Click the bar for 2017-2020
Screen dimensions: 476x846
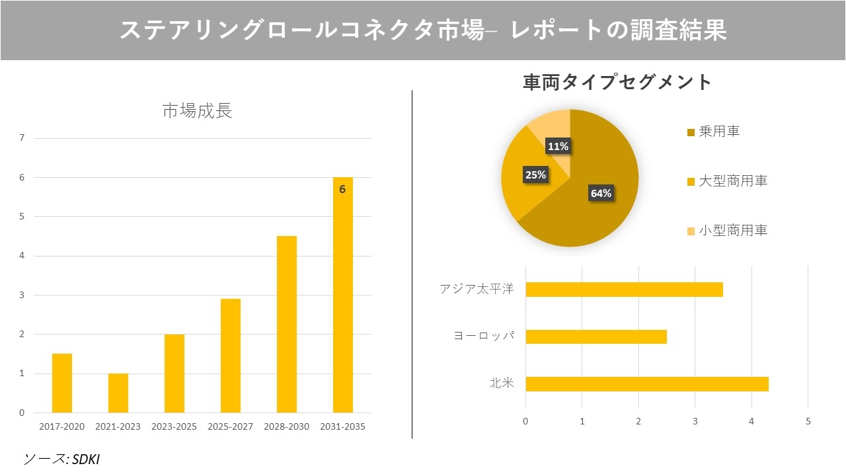(x=62, y=383)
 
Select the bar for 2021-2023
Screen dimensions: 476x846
(x=118, y=393)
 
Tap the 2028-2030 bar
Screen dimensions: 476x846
(x=286, y=324)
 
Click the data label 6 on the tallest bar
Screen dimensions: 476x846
(x=342, y=189)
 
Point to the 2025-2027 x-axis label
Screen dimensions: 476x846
(x=230, y=426)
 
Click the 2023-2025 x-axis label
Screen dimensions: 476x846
(x=174, y=426)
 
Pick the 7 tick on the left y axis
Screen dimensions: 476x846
(x=22, y=138)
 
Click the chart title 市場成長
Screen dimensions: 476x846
(x=197, y=111)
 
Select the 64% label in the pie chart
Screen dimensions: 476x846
(x=601, y=193)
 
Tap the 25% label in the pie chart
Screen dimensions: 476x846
(x=535, y=175)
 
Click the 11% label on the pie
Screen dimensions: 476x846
(x=558, y=146)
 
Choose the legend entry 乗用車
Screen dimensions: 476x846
(x=718, y=132)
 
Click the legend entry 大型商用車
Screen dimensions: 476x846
(x=732, y=181)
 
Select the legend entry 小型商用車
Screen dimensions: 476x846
(x=732, y=231)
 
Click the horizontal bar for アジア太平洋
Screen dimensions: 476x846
(x=624, y=290)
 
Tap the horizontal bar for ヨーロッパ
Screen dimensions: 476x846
(x=596, y=337)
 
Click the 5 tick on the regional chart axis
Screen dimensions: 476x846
(x=808, y=421)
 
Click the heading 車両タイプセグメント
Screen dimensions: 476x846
(x=617, y=82)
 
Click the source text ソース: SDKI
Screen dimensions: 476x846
(x=61, y=459)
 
